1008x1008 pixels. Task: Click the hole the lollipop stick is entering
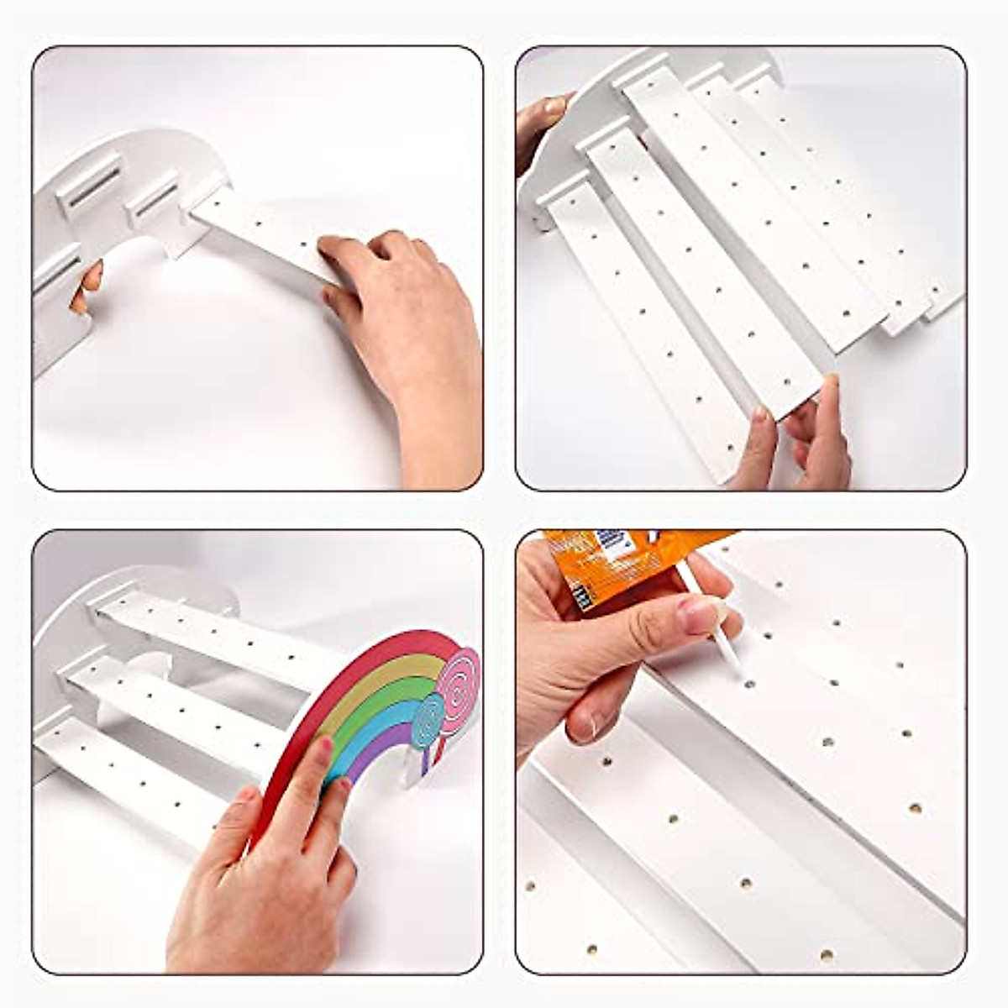[749, 684]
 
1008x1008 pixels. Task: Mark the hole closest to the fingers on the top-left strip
[305, 244]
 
